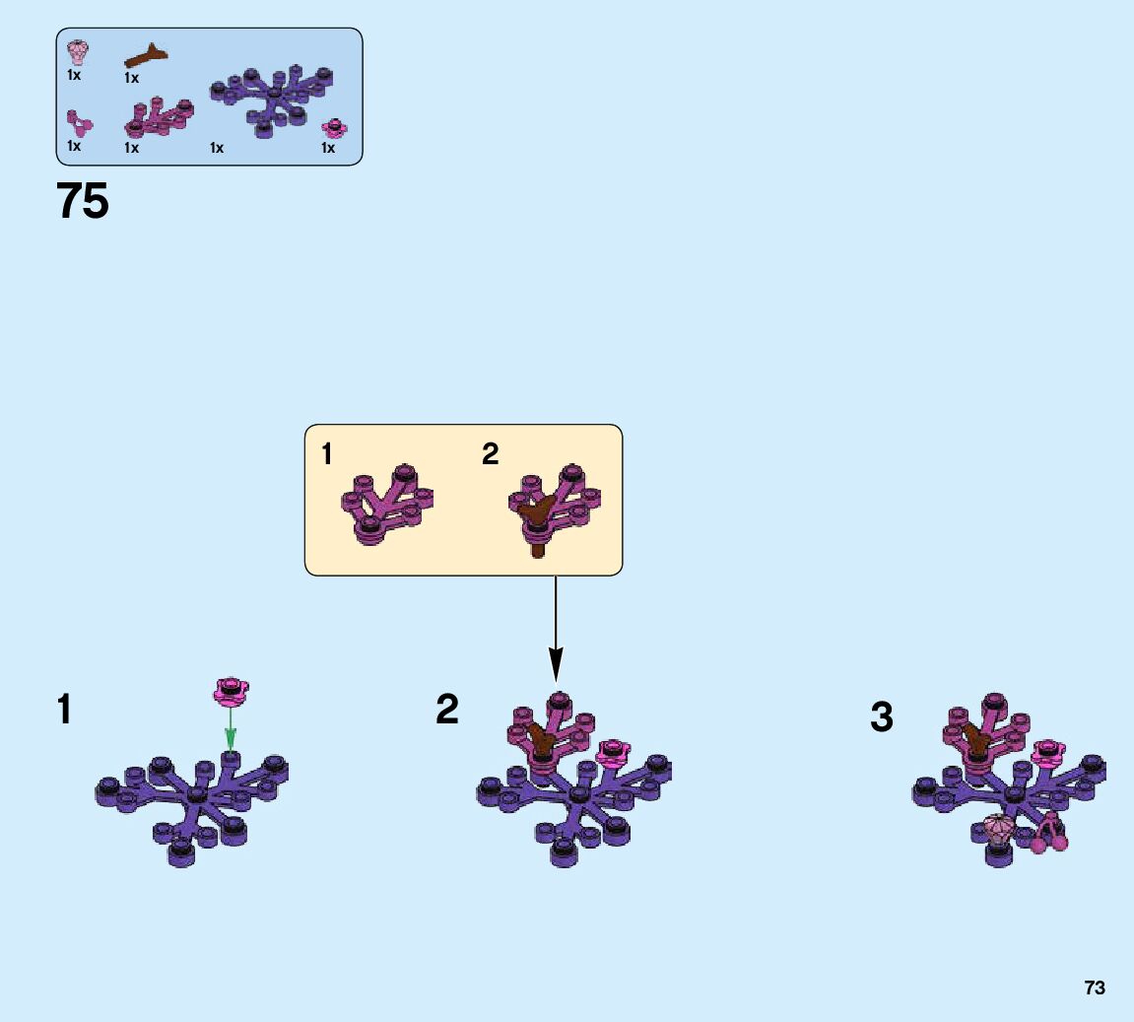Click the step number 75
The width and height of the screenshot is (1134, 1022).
point(83,202)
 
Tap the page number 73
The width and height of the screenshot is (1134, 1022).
point(1094,988)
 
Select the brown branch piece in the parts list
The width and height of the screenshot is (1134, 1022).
point(145,57)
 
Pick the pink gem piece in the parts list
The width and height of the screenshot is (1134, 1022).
point(76,50)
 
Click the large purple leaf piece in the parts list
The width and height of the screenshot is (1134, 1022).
point(272,99)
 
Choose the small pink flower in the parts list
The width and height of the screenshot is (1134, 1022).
point(335,128)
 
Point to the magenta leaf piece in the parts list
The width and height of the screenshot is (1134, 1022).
point(157,118)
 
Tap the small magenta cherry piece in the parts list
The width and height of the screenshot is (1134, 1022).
point(78,123)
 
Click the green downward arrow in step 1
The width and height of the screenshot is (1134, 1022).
point(231,729)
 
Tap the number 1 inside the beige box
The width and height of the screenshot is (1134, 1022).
point(327,454)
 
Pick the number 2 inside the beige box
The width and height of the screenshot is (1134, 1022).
point(490,454)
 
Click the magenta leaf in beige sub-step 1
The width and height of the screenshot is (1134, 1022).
point(386,503)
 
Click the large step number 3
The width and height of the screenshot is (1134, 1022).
point(881,717)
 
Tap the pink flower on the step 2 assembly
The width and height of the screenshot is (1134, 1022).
point(614,752)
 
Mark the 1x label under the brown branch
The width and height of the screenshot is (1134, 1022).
point(131,78)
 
